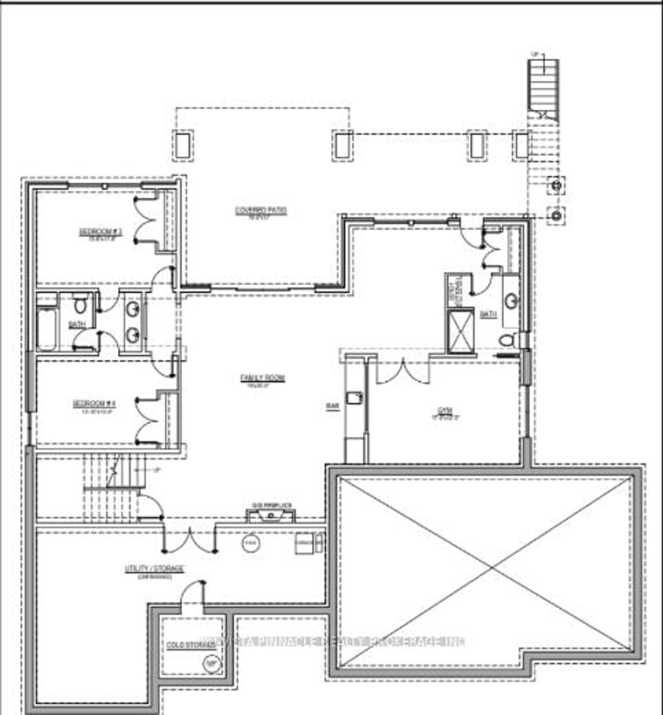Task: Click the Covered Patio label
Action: coord(261,211)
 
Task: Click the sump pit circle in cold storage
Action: coord(212,664)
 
